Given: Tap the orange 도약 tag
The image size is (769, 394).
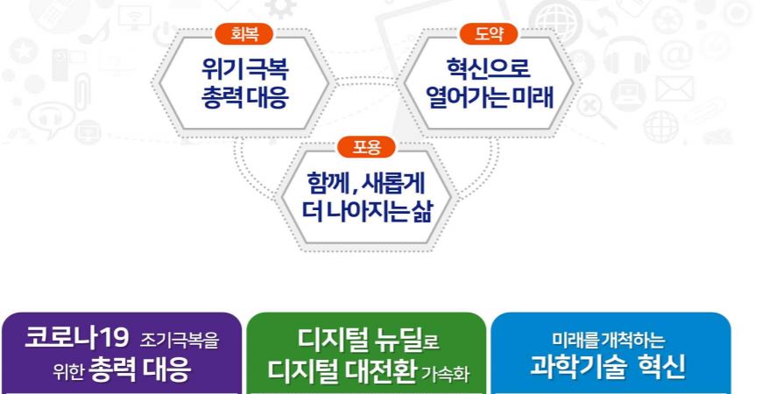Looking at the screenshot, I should (489, 34).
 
